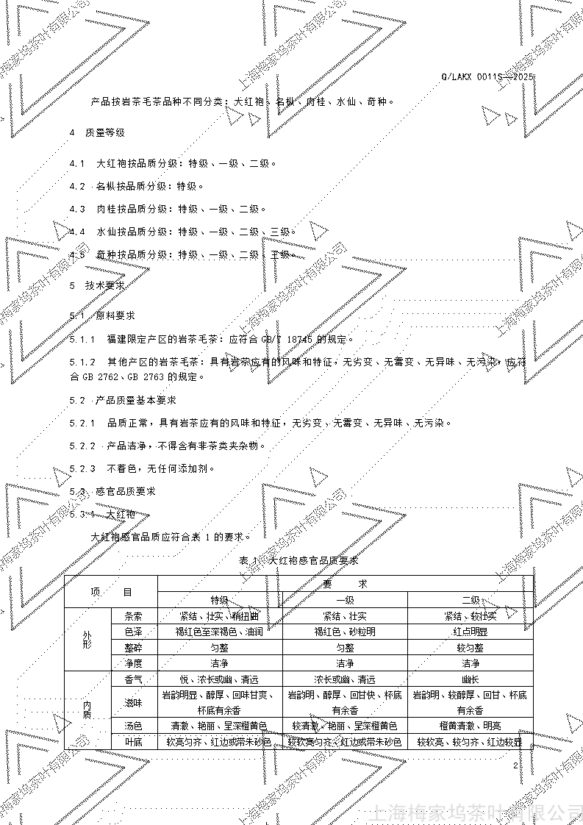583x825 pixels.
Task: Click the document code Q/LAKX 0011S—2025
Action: pyautogui.click(x=487, y=76)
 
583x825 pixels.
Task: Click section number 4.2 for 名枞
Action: pyautogui.click(x=77, y=186)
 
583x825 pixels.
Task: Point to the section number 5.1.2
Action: pyautogui.click(x=83, y=362)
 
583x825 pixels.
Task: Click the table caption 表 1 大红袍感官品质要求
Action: pyautogui.click(x=298, y=560)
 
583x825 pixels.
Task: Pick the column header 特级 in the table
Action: pyautogui.click(x=220, y=600)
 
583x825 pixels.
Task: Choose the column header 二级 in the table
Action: pyautogui.click(x=470, y=600)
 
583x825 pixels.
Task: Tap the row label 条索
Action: pyautogui.click(x=133, y=616)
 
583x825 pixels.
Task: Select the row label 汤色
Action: pyautogui.click(x=133, y=726)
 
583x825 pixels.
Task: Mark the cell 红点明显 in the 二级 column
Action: pyautogui.click(x=470, y=632)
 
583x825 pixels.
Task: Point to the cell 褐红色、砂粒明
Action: pyautogui.click(x=345, y=632)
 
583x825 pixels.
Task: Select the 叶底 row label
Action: pyautogui.click(x=133, y=742)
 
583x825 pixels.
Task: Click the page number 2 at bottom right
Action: pyautogui.click(x=516, y=765)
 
